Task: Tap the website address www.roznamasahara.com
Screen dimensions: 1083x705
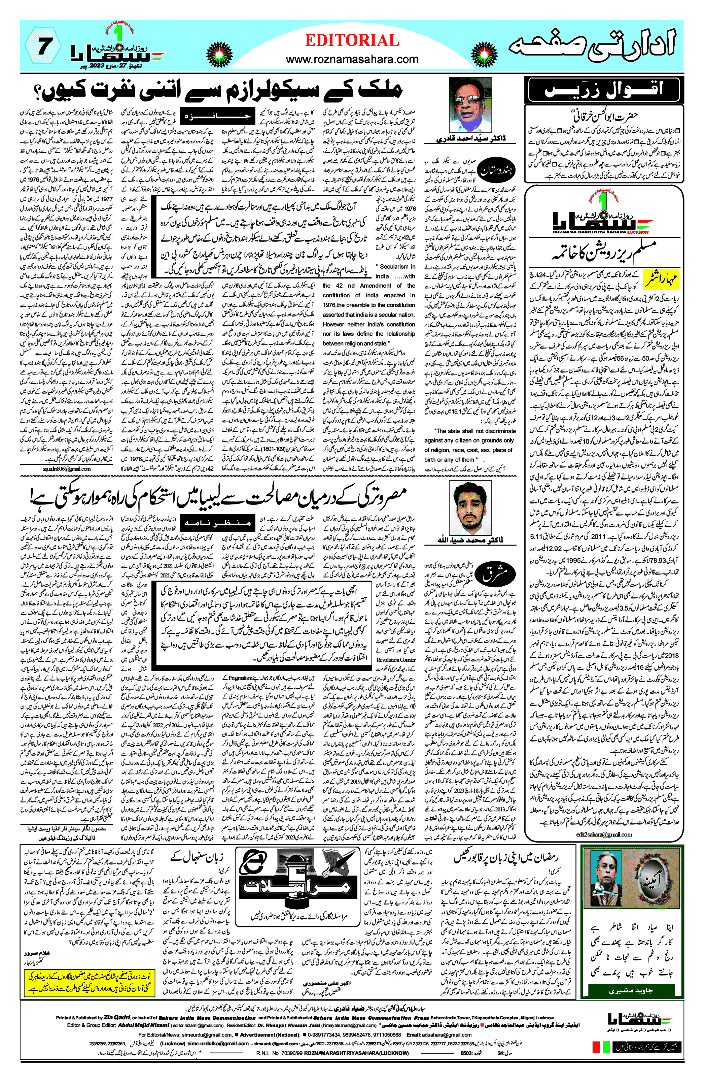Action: click(x=352, y=59)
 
